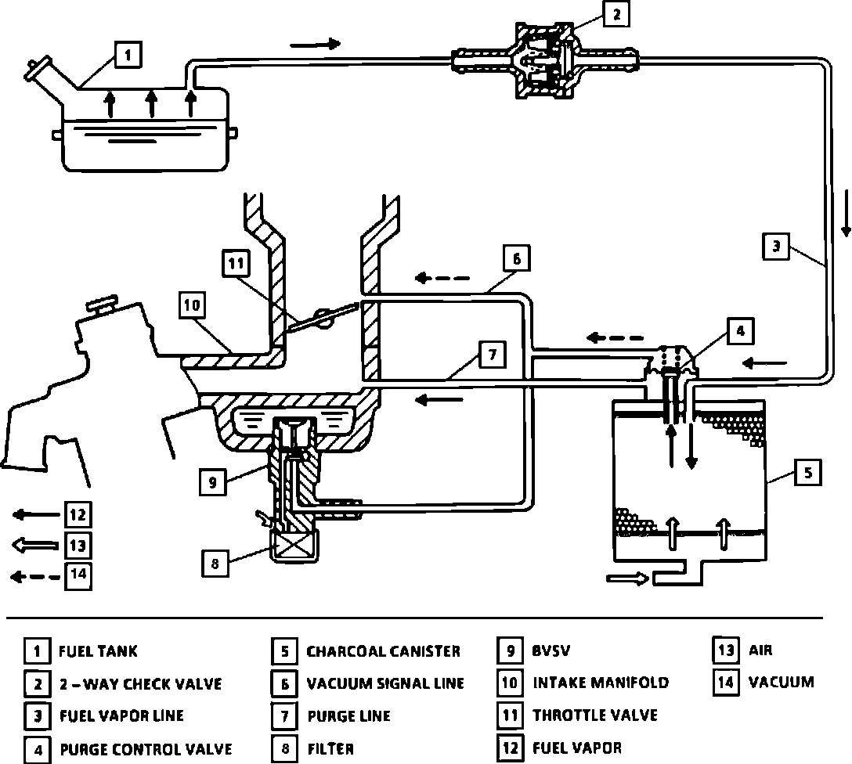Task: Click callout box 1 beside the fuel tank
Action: (128, 55)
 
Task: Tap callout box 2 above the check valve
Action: (616, 15)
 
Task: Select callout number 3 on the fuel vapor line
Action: (776, 247)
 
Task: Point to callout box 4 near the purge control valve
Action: (740, 330)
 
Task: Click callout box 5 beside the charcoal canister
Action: (808, 472)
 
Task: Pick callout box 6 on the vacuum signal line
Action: (517, 258)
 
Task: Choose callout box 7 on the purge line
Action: (493, 355)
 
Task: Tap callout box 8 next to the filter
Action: (215, 564)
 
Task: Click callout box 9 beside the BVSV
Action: (212, 482)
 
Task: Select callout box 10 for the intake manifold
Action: (193, 305)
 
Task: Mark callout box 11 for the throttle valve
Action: (236, 263)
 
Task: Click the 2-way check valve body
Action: (545, 60)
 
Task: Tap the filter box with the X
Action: (294, 545)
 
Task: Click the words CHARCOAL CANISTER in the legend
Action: (383, 651)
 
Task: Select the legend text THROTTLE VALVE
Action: (595, 715)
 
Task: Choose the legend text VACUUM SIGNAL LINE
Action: (385, 683)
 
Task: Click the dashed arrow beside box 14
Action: (35, 577)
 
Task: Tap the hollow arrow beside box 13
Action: (35, 545)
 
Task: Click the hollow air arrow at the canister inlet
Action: (627, 578)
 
